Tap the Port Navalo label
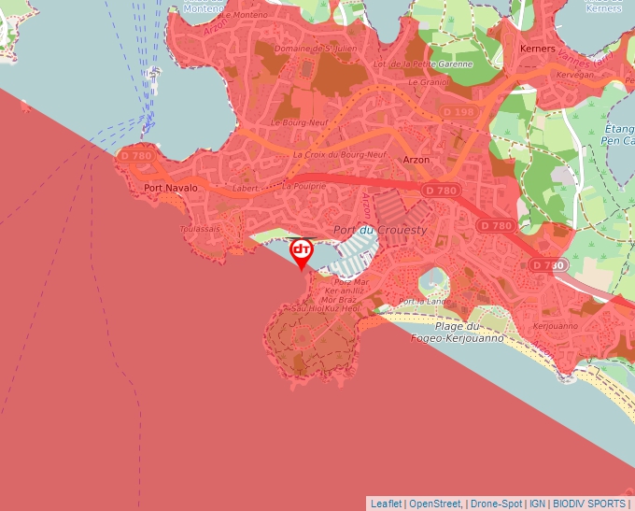(171, 188)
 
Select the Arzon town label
(416, 160)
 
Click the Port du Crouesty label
(380, 230)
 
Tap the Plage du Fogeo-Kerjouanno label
(457, 332)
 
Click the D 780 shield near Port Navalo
(136, 156)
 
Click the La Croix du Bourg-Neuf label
(339, 154)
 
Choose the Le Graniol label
(429, 81)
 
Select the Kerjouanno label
(554, 326)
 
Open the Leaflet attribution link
(386, 504)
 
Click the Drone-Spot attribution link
(495, 504)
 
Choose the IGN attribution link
(537, 504)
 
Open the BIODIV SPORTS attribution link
(588, 504)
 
